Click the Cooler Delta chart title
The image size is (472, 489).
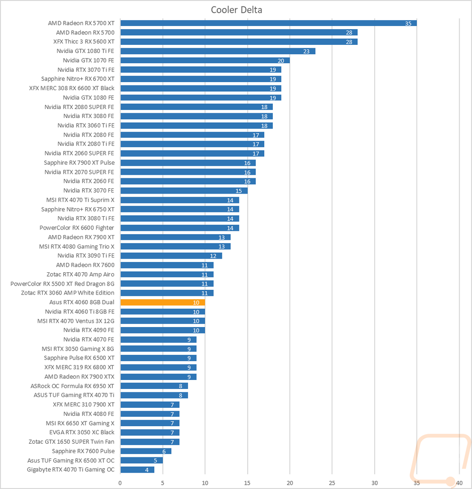236,10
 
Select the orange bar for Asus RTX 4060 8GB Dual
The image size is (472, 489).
162,302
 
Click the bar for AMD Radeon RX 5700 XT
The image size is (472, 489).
268,23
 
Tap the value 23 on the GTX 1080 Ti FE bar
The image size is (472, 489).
306,51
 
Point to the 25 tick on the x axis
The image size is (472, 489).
332,482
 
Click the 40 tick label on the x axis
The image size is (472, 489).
459,482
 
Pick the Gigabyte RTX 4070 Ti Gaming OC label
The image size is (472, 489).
70,470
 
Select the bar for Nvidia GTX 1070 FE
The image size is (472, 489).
205,60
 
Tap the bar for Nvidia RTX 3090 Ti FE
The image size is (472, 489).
171,256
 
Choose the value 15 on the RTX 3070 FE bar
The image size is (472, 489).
239,191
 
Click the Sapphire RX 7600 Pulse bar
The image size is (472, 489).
145,451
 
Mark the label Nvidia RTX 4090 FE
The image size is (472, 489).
88,330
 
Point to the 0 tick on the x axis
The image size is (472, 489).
120,482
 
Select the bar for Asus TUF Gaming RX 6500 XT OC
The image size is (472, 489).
141,460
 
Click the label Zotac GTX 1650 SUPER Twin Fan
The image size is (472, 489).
71,442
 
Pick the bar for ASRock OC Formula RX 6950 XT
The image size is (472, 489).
154,386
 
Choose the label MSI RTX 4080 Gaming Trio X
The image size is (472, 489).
76,246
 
